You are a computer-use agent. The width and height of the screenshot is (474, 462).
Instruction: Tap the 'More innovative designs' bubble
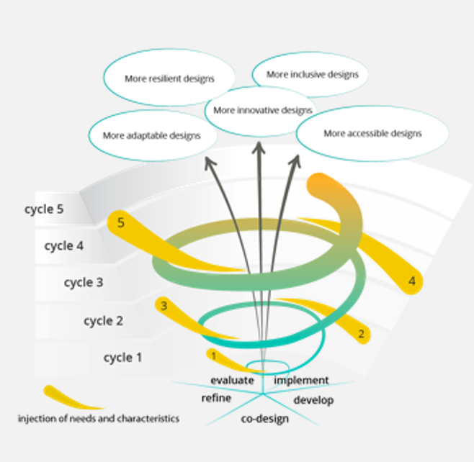(263, 110)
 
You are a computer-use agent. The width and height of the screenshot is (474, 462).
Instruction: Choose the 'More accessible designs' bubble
(372, 133)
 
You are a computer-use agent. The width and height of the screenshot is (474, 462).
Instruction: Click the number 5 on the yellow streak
(121, 222)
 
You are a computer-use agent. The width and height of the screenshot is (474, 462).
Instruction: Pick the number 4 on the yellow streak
(412, 281)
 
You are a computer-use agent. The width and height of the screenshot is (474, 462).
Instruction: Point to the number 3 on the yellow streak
(164, 306)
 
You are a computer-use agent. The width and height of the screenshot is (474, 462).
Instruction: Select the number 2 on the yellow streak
(362, 334)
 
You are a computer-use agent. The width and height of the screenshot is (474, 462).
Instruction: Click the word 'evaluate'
(232, 380)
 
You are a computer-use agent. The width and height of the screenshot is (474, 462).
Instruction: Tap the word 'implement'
(301, 380)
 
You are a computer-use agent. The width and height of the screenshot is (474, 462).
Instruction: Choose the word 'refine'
(216, 398)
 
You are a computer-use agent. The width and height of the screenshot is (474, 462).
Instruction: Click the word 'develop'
(313, 399)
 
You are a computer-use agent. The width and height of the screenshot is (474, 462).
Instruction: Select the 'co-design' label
(264, 419)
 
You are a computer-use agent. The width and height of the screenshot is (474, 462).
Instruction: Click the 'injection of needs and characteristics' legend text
(99, 417)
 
